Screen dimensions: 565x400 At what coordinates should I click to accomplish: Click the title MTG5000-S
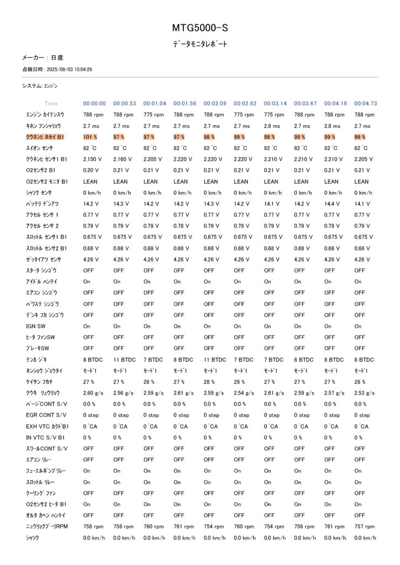pyautogui.click(x=199, y=27)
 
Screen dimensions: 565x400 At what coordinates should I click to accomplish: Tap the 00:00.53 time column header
pyautogui.click(x=124, y=103)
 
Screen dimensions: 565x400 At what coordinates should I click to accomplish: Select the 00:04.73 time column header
pyautogui.click(x=365, y=103)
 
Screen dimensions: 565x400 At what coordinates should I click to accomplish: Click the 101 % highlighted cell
pyautogui.click(x=90, y=137)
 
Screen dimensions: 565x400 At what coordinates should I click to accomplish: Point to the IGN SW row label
pyautogui.click(x=36, y=326)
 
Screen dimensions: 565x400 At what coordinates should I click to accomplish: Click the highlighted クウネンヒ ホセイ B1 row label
pyautogui.click(x=45, y=137)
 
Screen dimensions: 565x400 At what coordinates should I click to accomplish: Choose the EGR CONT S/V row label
pyautogui.click(x=46, y=415)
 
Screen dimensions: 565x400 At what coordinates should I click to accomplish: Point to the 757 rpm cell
pyautogui.click(x=363, y=526)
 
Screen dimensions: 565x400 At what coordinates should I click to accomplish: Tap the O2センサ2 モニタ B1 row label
pyautogui.click(x=47, y=181)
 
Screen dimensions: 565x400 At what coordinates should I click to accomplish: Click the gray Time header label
pyautogui.click(x=51, y=103)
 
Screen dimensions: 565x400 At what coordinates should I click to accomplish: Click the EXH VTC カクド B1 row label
pyautogui.click(x=47, y=427)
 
